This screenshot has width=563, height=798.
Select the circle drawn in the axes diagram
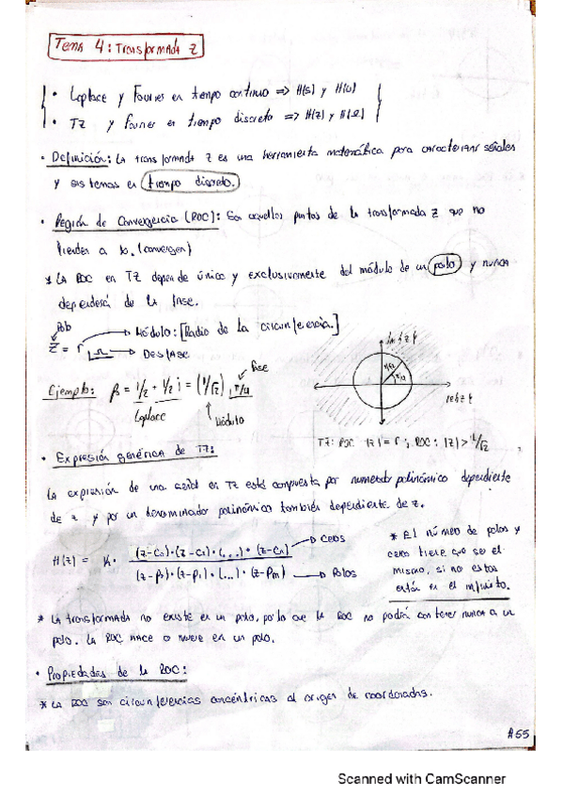pos(383,385)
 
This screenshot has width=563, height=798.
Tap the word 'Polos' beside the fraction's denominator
pos(347,570)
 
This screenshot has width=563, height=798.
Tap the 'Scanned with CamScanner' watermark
pos(422,778)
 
